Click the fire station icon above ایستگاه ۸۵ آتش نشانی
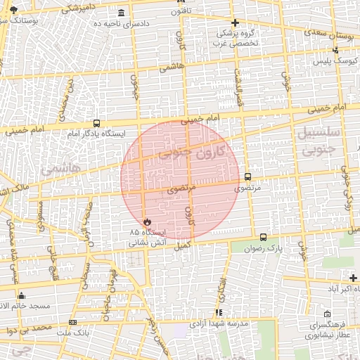pos(147,221)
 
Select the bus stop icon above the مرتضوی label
pos(247,177)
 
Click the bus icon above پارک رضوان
pos(264,238)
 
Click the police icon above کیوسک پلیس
pos(335,50)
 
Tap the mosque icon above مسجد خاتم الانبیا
pos(22,296)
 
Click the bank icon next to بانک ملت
pos(73,322)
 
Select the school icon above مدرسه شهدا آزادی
pos(219,312)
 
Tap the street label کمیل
pos(181,246)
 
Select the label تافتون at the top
pos(180,12)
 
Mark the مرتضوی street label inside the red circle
pos(180,190)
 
